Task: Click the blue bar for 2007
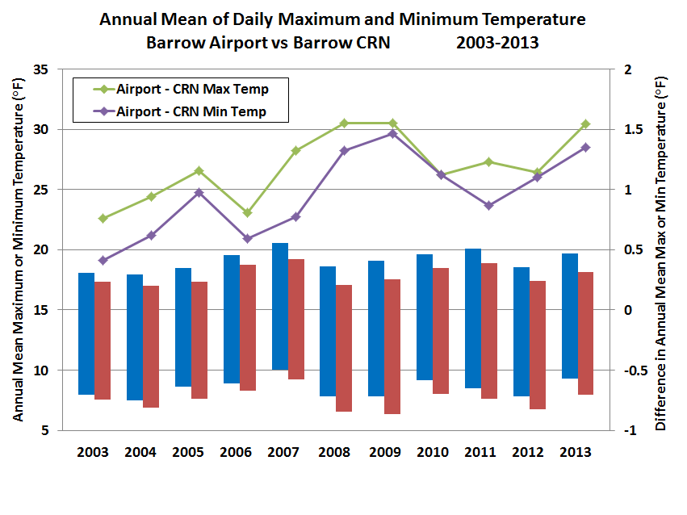pos(279,306)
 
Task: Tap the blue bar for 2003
pos(86,333)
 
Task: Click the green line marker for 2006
pos(248,213)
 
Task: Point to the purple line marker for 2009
pos(392,134)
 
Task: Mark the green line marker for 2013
pos(585,124)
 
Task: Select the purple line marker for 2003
pos(103,261)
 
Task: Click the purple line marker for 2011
pos(489,206)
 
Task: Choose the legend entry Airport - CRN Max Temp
pos(192,89)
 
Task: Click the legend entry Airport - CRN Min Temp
pos(191,111)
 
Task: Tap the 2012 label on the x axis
pos(526,452)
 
